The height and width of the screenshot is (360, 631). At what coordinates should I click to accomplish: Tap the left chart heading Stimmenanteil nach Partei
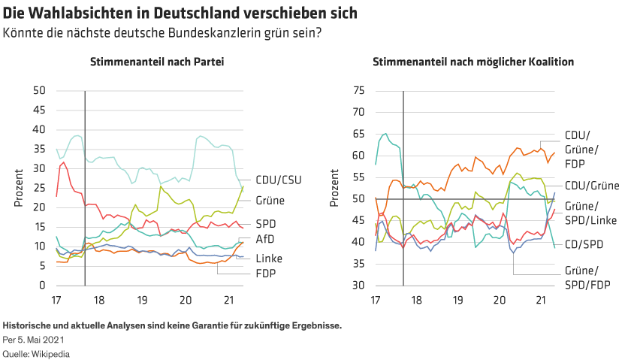[156, 62]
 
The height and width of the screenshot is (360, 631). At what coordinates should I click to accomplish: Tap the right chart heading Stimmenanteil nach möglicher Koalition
[473, 62]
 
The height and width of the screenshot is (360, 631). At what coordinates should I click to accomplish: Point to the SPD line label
[265, 224]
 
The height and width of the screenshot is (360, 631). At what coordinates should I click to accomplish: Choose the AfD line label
[264, 240]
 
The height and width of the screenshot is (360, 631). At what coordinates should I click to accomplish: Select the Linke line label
[267, 259]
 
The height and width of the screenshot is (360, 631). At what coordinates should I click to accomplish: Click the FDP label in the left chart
[264, 274]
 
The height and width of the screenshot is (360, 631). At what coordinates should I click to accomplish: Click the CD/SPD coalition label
[584, 244]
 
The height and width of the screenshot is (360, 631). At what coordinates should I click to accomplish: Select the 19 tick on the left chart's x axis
[142, 299]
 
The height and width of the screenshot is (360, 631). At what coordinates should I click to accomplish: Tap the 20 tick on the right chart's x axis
[499, 299]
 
